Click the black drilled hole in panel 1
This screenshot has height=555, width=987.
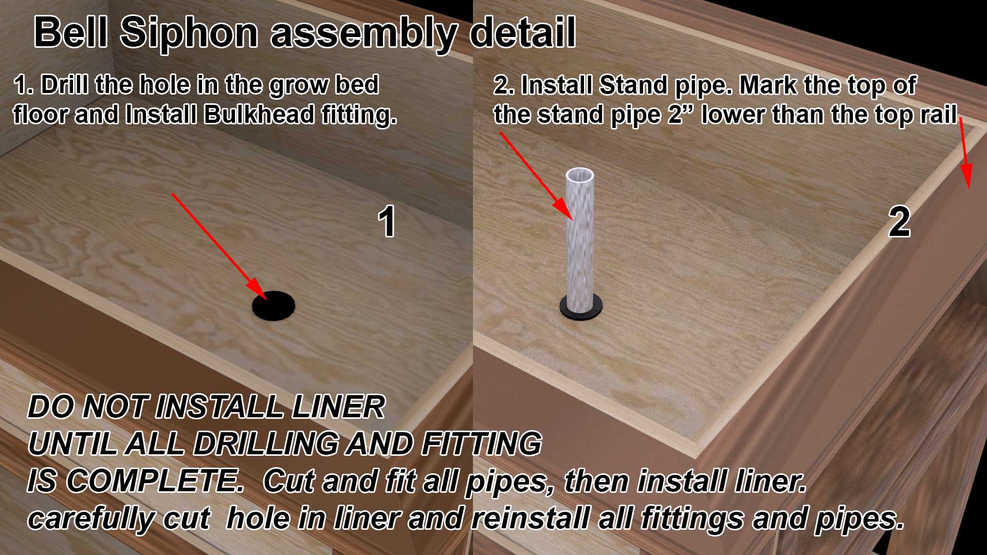coord(273,306)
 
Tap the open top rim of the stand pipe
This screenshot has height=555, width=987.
coord(580,175)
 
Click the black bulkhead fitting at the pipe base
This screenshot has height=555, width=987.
coord(581,307)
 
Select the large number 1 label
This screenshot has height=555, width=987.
coord(387,222)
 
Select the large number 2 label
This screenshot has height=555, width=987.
coord(899,222)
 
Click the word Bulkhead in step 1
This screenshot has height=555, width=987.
coord(259,114)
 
